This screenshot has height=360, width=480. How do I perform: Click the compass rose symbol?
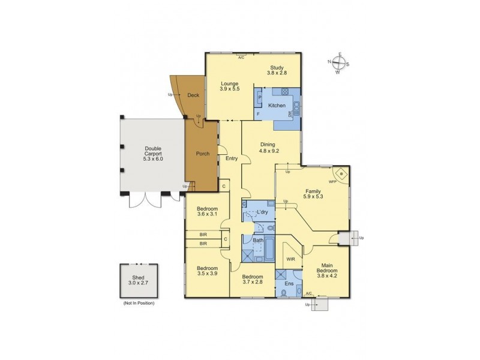tap(338, 63)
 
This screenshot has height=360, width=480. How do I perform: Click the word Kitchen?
tap(277, 106)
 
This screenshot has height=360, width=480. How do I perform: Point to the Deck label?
tap(193, 95)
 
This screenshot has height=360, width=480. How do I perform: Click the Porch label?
tap(203, 154)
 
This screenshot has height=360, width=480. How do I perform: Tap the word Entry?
tap(232, 158)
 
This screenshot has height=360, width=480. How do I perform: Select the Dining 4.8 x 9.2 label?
tap(268, 148)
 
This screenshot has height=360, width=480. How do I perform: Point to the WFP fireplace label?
tap(332, 180)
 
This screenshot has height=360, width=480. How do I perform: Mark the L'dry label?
tap(262, 214)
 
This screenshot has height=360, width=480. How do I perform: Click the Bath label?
tap(258, 241)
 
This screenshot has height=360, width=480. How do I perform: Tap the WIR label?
tap(290, 259)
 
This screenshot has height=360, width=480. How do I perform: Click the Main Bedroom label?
tap(328, 274)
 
